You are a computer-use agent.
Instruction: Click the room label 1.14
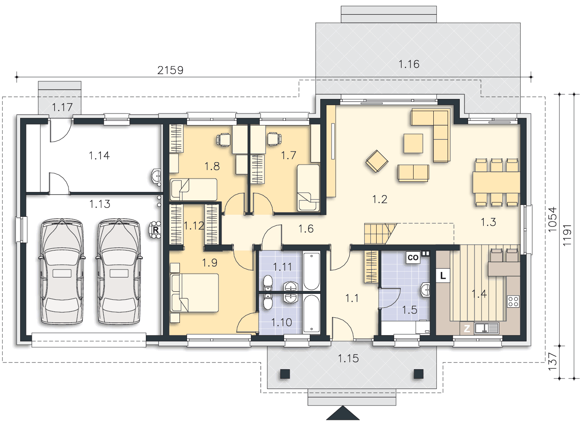click(x=99, y=155)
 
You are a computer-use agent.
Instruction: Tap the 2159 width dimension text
click(x=170, y=70)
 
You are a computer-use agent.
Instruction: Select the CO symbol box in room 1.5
click(x=413, y=257)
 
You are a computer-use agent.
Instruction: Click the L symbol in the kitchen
click(x=443, y=275)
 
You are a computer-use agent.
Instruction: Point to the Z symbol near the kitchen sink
click(x=467, y=329)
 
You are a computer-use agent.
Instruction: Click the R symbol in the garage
click(x=156, y=229)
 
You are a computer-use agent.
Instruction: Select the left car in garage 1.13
click(x=62, y=272)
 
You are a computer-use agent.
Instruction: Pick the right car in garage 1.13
click(x=119, y=272)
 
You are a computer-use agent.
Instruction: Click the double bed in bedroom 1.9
click(x=195, y=293)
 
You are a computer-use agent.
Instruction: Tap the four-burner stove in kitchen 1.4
click(x=513, y=301)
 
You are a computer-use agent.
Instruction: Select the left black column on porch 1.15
click(x=285, y=374)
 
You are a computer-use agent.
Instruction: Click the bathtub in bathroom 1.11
click(x=311, y=271)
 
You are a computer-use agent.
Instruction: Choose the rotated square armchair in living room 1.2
click(x=377, y=161)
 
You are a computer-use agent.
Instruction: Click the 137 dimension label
click(x=552, y=361)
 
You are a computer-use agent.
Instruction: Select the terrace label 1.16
click(x=409, y=64)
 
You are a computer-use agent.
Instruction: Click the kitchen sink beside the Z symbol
click(x=487, y=328)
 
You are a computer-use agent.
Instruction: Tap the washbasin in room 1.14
click(x=156, y=177)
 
